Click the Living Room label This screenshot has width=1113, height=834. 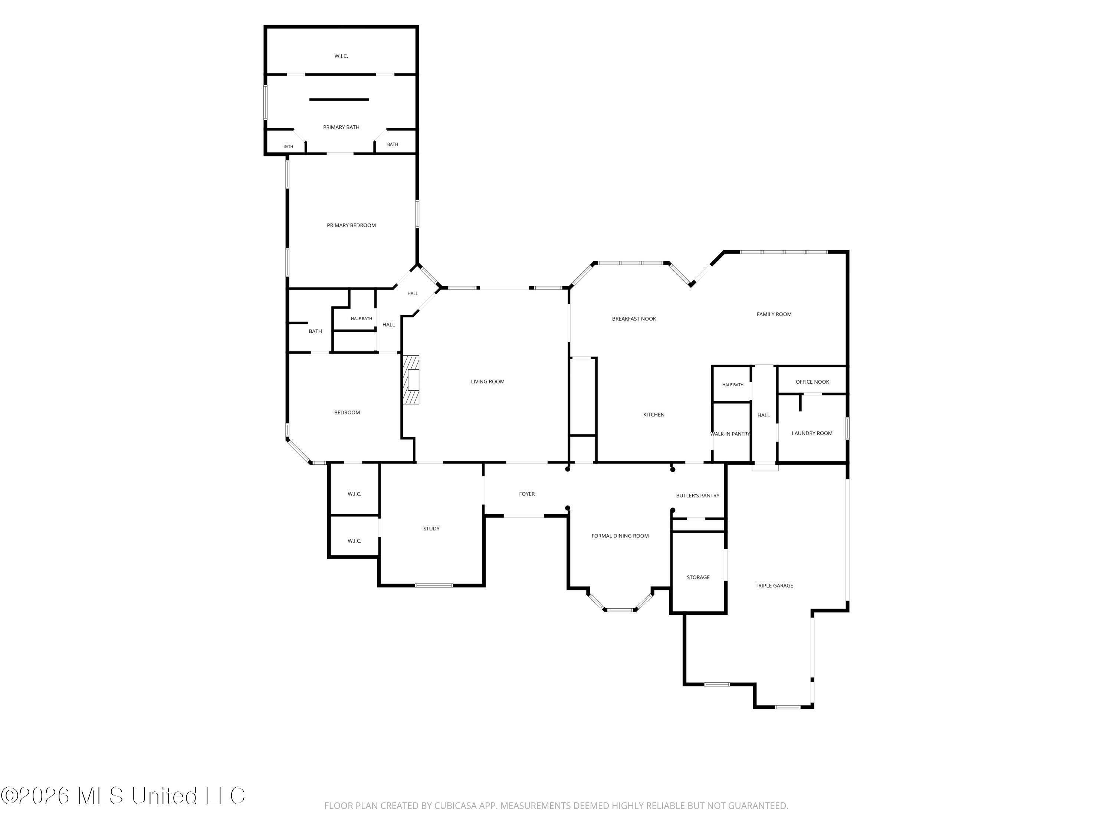487,381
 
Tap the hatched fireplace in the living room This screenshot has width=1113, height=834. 411,380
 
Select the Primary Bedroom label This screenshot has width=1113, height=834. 351,225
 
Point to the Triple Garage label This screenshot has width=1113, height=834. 774,586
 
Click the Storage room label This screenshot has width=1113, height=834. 698,577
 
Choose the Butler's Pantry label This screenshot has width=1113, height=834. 697,496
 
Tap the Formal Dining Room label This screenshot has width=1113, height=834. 620,536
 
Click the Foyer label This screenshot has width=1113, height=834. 527,494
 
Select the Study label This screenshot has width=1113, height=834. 431,529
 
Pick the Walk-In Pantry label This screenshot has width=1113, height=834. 730,434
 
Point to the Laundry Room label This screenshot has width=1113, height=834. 812,433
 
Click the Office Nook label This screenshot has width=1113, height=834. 812,382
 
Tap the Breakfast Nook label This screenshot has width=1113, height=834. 634,319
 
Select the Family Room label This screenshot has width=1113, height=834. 774,314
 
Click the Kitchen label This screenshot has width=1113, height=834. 654,415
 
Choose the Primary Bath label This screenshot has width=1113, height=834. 341,127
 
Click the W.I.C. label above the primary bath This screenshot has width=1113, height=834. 341,56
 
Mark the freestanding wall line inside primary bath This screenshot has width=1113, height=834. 339,100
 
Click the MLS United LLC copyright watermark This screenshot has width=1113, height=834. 123,796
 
